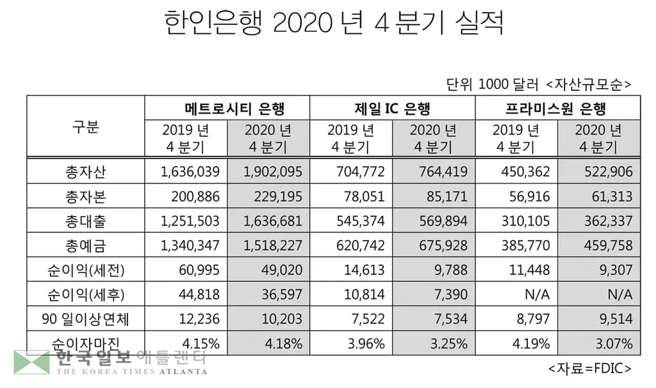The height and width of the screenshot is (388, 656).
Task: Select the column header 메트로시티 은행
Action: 227,107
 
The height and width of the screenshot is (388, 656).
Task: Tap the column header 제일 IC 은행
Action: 392,107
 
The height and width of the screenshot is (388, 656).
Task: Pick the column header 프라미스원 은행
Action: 557,107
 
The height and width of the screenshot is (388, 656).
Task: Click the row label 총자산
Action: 85,171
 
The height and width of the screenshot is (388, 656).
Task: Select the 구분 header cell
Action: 85,126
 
